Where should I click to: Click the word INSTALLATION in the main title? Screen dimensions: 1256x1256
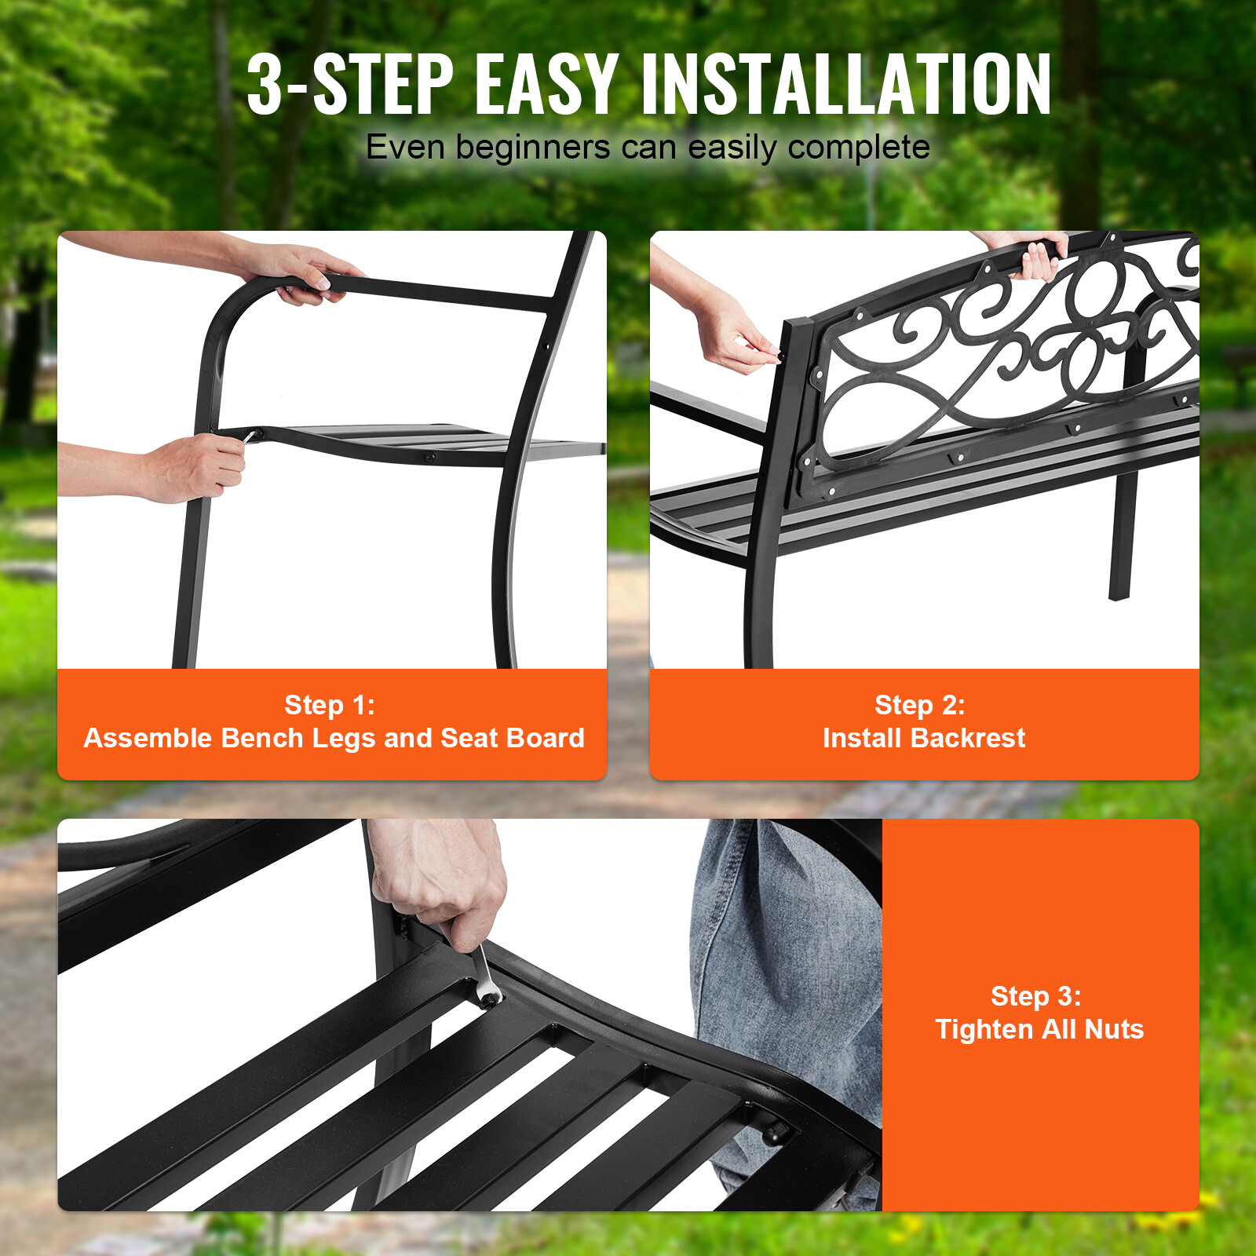(x=846, y=85)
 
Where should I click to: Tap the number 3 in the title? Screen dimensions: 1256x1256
(x=265, y=85)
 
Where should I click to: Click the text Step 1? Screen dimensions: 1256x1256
(x=330, y=705)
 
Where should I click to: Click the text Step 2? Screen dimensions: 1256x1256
(x=920, y=705)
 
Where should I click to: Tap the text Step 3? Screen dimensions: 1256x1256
(x=1036, y=996)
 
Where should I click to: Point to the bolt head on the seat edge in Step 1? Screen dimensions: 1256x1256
(x=429, y=456)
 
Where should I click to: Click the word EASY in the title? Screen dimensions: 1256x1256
(x=546, y=85)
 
